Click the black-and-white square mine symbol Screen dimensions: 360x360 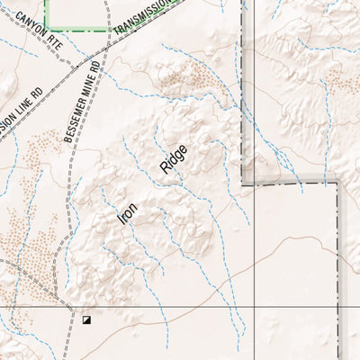coord(86,319)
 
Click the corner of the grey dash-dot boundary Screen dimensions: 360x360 coord(337,183)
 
